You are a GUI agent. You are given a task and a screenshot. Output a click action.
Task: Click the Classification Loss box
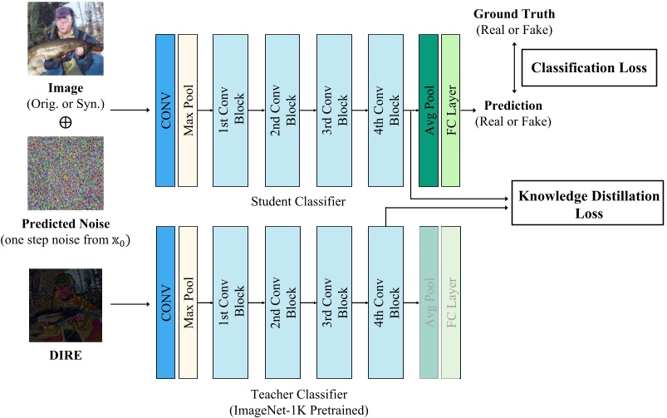[589, 67]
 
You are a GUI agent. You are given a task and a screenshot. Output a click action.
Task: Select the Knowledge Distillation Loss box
[587, 203]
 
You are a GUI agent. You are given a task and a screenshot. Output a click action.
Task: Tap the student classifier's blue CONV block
[165, 111]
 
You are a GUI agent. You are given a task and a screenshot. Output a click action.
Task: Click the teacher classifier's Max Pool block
[188, 302]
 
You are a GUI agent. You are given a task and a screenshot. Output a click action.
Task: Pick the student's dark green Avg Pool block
[429, 111]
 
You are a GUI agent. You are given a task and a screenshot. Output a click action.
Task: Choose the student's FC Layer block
[451, 111]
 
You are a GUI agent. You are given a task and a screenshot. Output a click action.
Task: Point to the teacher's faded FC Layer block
[451, 302]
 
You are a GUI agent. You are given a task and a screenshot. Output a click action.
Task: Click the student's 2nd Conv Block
[282, 111]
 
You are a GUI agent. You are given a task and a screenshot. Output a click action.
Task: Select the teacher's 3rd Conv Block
[335, 302]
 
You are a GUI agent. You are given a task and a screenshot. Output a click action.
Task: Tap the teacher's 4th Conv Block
[385, 302]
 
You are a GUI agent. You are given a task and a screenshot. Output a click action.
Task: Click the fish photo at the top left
[66, 39]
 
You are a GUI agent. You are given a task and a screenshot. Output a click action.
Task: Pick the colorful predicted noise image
[66, 173]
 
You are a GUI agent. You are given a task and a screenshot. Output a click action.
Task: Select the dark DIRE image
[66, 305]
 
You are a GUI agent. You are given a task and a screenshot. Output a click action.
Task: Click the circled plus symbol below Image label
[65, 123]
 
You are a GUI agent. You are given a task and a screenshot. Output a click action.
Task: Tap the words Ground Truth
[514, 14]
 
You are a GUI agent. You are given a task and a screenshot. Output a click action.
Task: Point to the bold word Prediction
[513, 106]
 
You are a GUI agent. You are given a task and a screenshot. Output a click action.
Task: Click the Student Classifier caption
[298, 201]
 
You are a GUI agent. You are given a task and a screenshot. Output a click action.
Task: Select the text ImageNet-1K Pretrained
[299, 411]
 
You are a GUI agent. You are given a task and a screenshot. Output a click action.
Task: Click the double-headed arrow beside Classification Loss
[514, 67]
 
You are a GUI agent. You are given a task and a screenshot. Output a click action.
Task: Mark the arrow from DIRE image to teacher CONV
[130, 304]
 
